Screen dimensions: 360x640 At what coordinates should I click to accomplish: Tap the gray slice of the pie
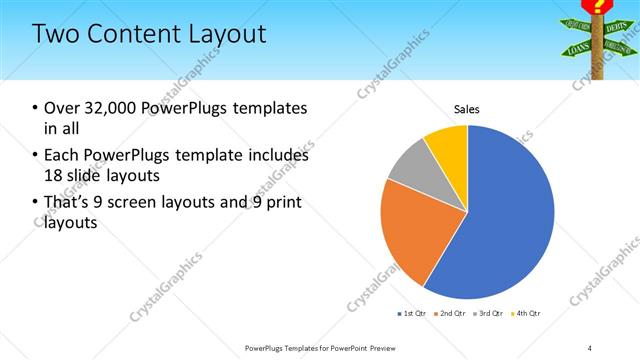pyautogui.click(x=408, y=167)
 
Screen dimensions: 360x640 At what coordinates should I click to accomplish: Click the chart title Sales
pyautogui.click(x=467, y=108)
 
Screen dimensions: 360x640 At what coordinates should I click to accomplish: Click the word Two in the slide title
pyautogui.click(x=54, y=34)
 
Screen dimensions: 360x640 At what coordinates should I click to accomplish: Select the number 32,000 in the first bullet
pyautogui.click(x=104, y=108)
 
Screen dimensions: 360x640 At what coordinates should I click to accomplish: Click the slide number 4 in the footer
pyautogui.click(x=590, y=348)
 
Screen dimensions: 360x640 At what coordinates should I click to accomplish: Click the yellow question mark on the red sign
pyautogui.click(x=601, y=6)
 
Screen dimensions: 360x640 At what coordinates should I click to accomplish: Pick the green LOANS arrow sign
pyautogui.click(x=578, y=47)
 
